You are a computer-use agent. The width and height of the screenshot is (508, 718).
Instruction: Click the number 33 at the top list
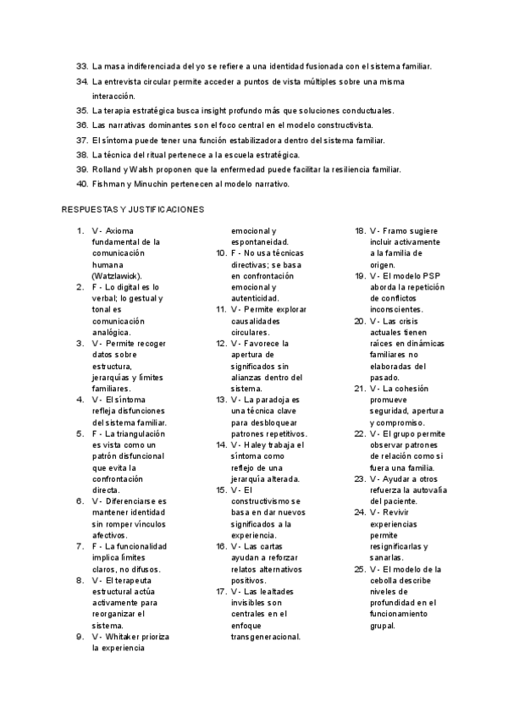(82, 66)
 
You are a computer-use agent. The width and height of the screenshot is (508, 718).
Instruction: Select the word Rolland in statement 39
(107, 169)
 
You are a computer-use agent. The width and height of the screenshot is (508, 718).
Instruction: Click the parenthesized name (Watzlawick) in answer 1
(118, 276)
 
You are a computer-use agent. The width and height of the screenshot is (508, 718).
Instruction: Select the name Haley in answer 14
(262, 445)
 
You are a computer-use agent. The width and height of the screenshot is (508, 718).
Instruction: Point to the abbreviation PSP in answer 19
(431, 276)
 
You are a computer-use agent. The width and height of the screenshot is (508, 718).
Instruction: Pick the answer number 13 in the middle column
(220, 399)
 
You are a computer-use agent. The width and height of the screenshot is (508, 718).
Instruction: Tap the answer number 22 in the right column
(360, 434)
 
